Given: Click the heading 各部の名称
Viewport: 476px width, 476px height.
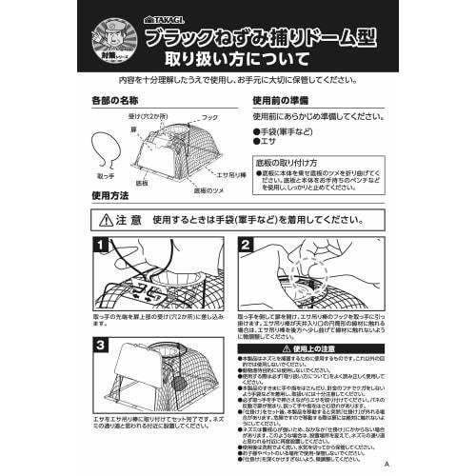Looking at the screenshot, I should pyautogui.click(x=114, y=99).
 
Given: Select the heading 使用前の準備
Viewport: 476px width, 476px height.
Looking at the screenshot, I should pyautogui.click(x=281, y=99).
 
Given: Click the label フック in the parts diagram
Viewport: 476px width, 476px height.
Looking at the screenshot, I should pyautogui.click(x=209, y=117).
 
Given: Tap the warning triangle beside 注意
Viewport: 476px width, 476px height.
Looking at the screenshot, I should pyautogui.click(x=106, y=219).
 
